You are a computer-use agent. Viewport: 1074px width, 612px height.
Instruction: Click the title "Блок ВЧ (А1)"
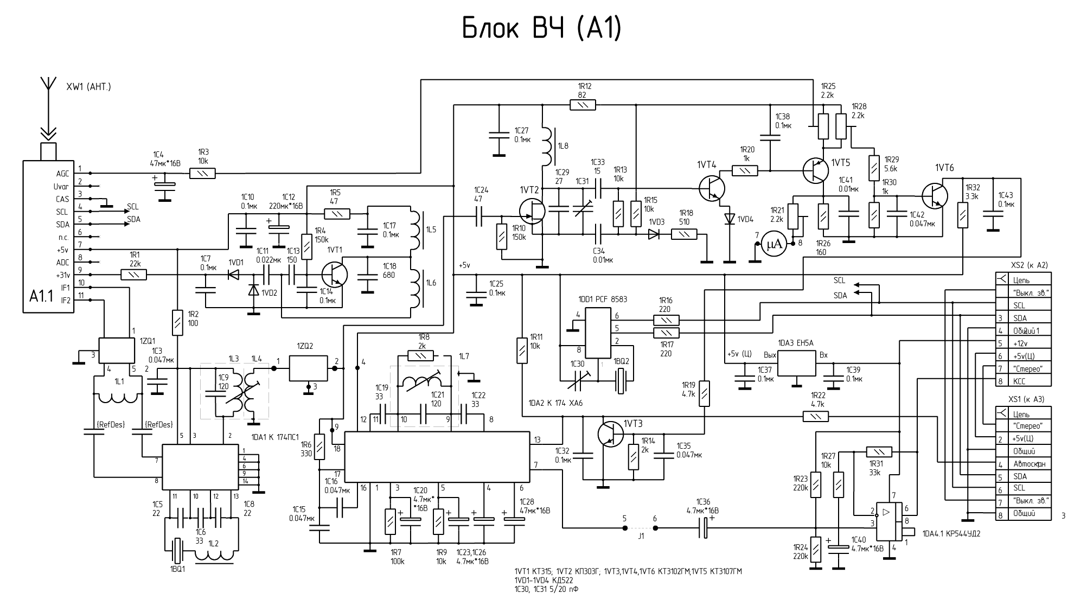541,28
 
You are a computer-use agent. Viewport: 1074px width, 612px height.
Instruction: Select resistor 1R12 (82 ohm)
583,105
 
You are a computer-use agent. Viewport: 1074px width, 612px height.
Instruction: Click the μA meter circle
774,245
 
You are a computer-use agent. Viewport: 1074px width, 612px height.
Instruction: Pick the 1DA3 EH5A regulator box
797,363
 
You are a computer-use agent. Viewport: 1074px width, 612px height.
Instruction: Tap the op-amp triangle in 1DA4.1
886,512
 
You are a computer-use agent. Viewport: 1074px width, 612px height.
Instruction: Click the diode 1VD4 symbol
730,219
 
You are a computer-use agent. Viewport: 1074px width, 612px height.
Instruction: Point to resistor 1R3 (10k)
203,174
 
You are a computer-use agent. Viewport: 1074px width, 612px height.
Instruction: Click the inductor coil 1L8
547,147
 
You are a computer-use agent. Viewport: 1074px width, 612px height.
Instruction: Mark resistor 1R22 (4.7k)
816,416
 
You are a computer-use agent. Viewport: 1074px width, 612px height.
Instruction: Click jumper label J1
641,535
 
